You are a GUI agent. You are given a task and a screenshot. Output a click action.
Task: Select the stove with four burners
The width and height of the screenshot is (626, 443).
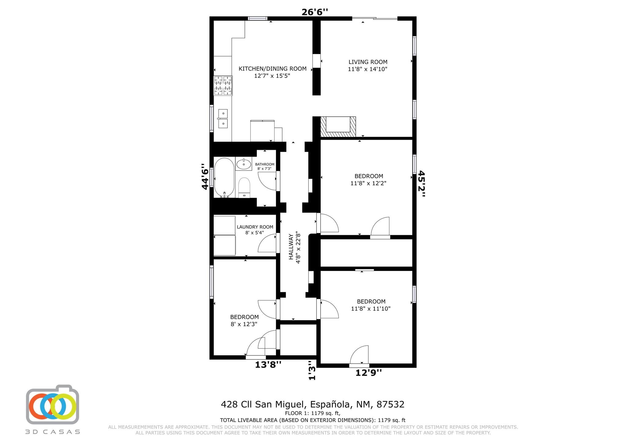click(223, 86)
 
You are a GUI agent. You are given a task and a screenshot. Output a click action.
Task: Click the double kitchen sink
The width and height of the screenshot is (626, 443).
click(223, 119)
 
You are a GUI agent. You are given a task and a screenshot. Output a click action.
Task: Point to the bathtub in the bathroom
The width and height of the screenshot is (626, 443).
click(224, 178)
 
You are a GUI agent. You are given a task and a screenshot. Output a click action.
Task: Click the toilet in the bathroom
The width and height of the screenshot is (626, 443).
click(244, 187)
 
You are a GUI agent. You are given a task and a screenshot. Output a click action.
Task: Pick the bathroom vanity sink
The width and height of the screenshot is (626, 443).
click(244, 164)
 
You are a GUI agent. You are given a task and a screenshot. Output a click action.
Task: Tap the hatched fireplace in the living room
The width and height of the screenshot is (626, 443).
click(338, 127)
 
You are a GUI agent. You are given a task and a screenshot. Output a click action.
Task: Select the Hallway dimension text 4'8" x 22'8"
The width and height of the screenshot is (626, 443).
click(298, 249)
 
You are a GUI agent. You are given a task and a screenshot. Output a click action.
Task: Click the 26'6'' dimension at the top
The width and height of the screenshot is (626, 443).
click(315, 12)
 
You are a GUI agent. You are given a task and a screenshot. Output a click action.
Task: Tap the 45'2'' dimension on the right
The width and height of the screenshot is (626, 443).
click(422, 184)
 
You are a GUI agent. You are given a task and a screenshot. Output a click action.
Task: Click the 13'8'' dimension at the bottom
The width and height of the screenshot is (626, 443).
click(268, 364)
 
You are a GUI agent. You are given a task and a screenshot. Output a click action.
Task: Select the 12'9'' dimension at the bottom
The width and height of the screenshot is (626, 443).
click(369, 373)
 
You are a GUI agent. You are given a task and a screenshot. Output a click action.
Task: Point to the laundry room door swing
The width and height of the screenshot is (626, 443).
click(267, 243)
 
